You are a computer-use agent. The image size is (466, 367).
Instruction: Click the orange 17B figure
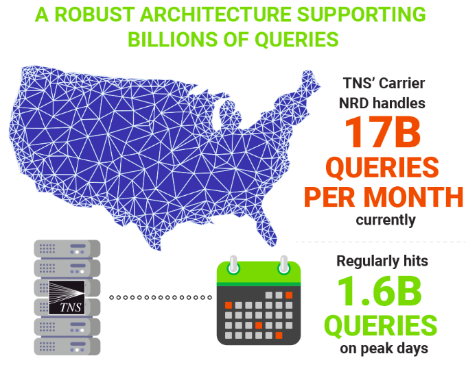[382, 133]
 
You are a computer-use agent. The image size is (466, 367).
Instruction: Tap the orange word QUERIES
[382, 168]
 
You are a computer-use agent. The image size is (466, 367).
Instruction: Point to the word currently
[386, 220]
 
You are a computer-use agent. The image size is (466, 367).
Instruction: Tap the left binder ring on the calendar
[234, 264]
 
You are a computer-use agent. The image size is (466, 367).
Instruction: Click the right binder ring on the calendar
[283, 264]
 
